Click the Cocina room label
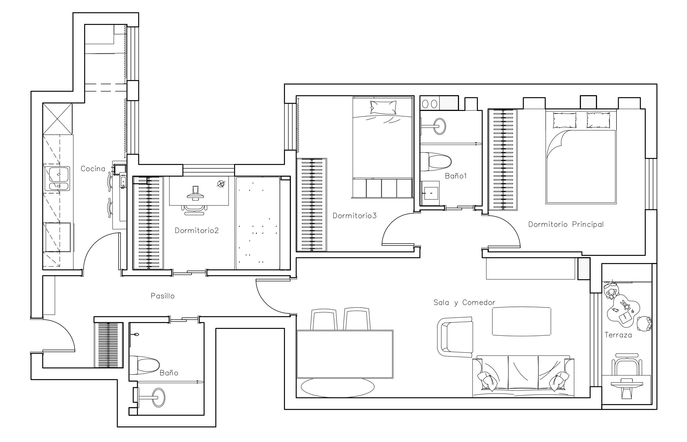(x=93, y=169)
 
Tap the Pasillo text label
(x=162, y=296)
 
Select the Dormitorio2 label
(x=197, y=230)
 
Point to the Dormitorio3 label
(x=354, y=215)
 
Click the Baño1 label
(x=456, y=176)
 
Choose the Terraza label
(x=618, y=335)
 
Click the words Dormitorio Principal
(x=566, y=224)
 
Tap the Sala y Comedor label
(x=464, y=302)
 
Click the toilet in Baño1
(x=435, y=162)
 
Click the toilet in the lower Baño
(x=144, y=365)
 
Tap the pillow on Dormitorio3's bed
(x=383, y=108)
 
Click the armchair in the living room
(x=455, y=337)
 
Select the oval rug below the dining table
(x=337, y=388)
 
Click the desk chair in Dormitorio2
(x=194, y=210)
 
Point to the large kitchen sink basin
(x=59, y=174)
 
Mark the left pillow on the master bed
(x=564, y=120)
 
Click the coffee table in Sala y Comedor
(x=521, y=321)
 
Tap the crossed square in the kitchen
(x=57, y=119)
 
